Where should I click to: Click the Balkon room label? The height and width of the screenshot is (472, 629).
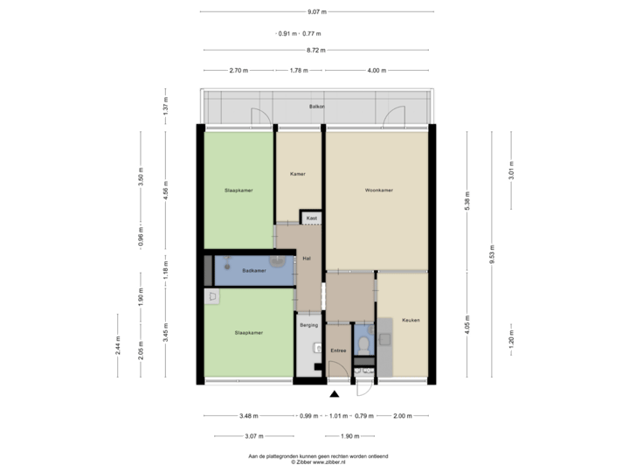point(316,107)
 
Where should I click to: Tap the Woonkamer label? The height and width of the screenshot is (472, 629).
point(378,190)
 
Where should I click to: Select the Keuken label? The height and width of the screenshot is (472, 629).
point(411,320)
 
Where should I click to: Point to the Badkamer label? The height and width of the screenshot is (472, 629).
point(254,270)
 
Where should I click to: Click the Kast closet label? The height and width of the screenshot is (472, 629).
point(311,218)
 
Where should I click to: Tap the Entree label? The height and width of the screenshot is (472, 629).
point(338,351)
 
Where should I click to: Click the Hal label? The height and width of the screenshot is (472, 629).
point(307,259)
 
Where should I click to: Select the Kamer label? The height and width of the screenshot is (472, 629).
point(297,174)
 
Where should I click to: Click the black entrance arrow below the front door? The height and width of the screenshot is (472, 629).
point(335,394)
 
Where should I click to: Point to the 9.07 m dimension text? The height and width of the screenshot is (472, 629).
point(316,12)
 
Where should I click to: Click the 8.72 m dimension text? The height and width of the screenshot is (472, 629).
point(315,51)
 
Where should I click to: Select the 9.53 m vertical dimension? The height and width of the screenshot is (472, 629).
point(492,253)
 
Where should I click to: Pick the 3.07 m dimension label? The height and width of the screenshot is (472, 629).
point(253,435)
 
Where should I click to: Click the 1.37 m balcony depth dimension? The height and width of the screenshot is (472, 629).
point(165,106)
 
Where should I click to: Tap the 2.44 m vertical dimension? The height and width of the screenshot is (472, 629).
point(118,345)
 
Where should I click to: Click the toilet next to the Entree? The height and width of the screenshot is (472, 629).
point(364,342)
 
